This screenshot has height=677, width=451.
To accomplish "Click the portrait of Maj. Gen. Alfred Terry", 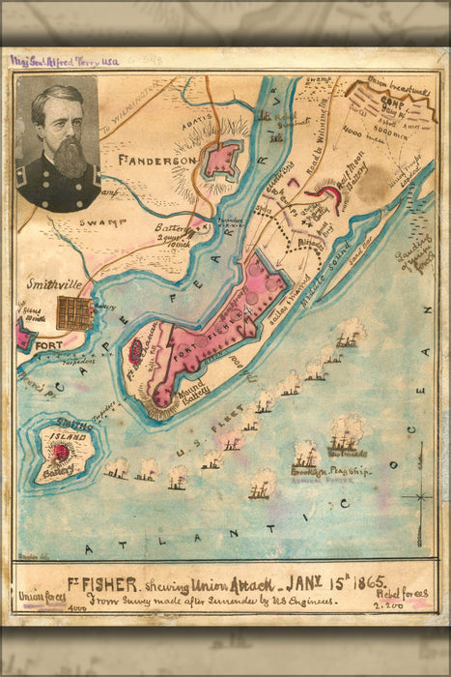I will coord(58,143).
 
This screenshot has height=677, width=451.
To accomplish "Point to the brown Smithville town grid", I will coord(73,312).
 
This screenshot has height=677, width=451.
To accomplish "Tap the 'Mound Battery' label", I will coord(174,392).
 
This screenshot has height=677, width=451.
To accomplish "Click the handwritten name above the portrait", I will coord(63,61).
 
